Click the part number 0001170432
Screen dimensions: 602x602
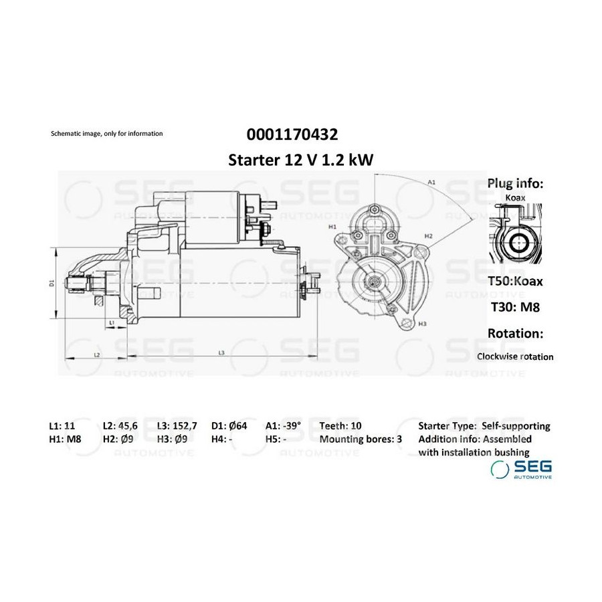pos(292,134)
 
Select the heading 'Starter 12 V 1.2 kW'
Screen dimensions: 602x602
pos(300,160)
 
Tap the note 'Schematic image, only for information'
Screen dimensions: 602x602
pos(107,134)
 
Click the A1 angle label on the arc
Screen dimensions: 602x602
pos(431,183)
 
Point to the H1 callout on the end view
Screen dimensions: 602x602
pos(332,227)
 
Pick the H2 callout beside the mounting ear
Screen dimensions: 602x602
pos(429,236)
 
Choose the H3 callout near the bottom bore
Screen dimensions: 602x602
pos(422,324)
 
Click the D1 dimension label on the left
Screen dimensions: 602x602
pos(52,284)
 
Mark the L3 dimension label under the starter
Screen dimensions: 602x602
pos(221,353)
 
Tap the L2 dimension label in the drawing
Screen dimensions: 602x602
pos(97,355)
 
